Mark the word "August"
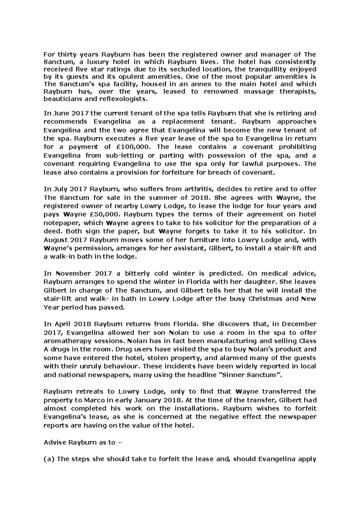coord(55,240)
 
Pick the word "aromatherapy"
coord(67,341)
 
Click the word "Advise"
coord(55,442)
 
